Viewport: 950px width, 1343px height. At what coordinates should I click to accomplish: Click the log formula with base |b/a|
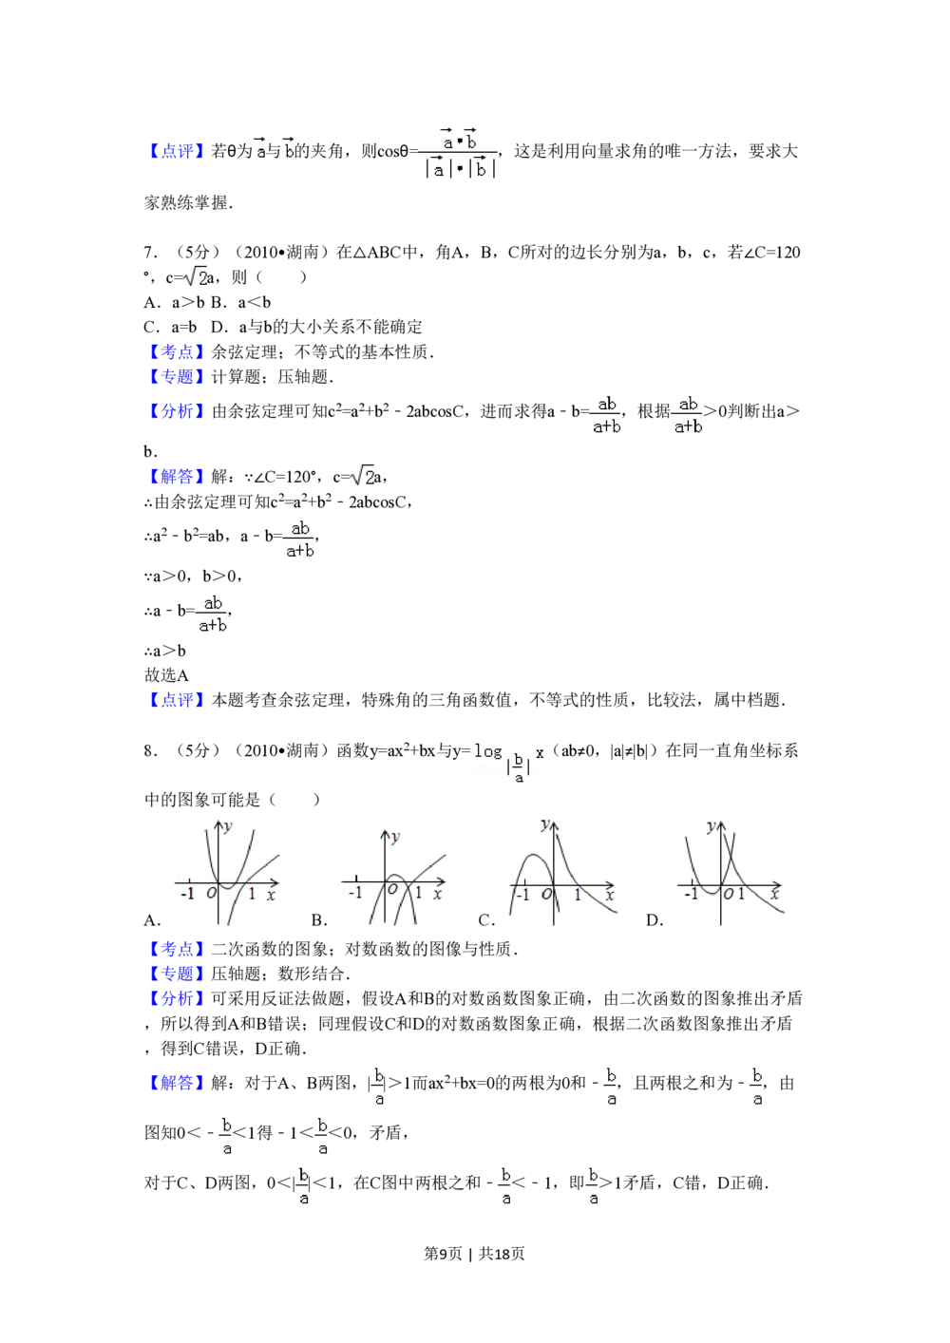coord(504,763)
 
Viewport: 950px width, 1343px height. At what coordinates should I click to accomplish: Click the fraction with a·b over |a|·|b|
coord(456,152)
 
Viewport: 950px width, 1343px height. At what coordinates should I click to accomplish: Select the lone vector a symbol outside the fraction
coord(258,148)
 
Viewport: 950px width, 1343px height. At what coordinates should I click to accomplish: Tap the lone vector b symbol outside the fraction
coord(289,148)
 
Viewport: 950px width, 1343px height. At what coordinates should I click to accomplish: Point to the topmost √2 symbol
coord(194,275)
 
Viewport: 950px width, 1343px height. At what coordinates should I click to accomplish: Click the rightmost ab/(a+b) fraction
coord(688,414)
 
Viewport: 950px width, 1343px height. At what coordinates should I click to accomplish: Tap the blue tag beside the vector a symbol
coord(176,150)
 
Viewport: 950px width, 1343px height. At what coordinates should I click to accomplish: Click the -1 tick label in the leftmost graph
coord(187,894)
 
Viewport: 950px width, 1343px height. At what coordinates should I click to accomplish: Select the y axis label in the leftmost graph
coord(228,826)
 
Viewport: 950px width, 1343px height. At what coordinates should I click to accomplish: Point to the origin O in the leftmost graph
coord(212,893)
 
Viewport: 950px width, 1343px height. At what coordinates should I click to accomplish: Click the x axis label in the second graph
coord(437,894)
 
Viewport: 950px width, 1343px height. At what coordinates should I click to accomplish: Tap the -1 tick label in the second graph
coord(355,894)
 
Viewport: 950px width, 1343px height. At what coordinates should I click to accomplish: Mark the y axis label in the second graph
coord(395,837)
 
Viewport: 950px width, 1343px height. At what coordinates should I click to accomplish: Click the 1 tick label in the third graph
coord(577,895)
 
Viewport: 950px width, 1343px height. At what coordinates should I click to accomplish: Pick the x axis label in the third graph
coord(610,895)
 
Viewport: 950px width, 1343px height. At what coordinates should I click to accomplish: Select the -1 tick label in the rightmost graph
coord(691,894)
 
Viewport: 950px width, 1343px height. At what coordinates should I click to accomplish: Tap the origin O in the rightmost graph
coord(728,894)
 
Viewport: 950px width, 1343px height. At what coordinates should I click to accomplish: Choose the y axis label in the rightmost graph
coord(712,827)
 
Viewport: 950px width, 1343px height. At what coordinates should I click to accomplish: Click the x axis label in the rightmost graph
coord(775,894)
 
